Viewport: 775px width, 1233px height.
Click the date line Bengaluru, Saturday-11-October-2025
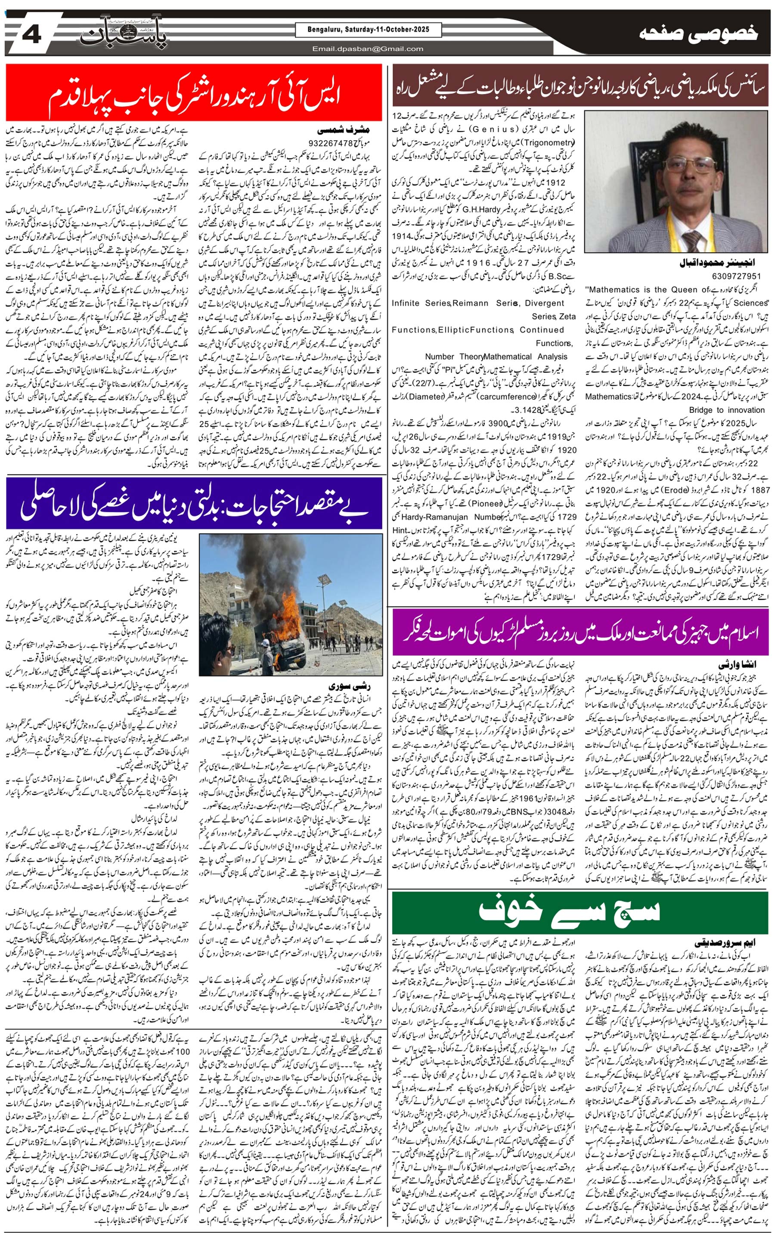[x=368, y=30]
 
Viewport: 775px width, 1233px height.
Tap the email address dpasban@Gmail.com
[x=368, y=49]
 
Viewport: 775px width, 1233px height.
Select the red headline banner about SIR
[x=194, y=93]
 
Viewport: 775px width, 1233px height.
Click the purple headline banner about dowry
[x=580, y=632]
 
